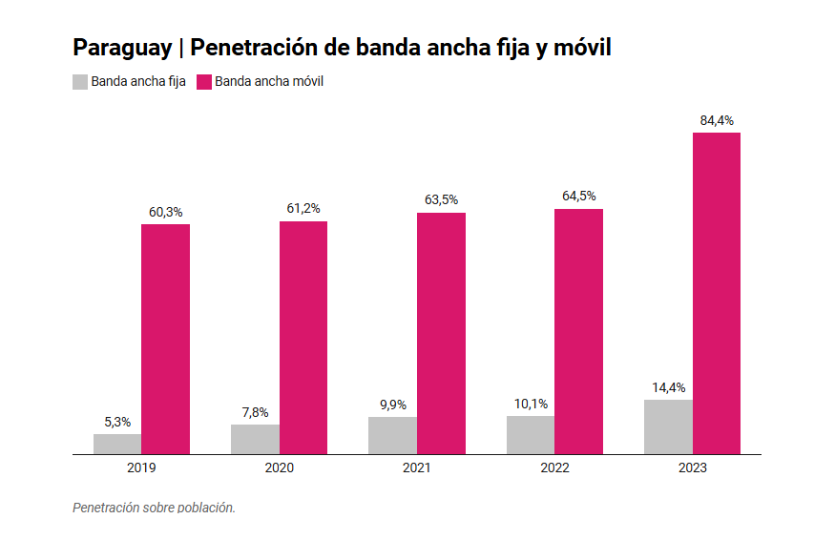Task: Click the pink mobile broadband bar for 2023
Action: [x=716, y=293]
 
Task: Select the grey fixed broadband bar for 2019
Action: [x=117, y=444]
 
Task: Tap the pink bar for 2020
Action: [x=303, y=338]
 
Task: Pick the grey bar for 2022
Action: [x=531, y=435]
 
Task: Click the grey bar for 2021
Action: [x=392, y=435]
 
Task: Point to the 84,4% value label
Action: [x=717, y=120]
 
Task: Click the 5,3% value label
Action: [x=117, y=422]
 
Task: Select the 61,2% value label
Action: [x=303, y=209]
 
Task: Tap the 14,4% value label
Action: [x=668, y=387]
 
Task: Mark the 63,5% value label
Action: [x=441, y=200]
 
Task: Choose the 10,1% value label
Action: [x=531, y=404]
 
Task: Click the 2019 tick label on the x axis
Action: [x=141, y=468]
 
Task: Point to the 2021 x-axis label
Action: [x=417, y=468]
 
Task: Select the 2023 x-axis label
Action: [x=692, y=468]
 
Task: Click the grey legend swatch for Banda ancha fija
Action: [x=80, y=82]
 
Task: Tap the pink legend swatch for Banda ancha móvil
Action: [x=203, y=82]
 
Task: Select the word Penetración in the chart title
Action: [x=254, y=48]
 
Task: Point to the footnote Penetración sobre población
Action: [x=154, y=508]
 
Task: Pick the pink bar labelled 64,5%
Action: [x=578, y=331]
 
